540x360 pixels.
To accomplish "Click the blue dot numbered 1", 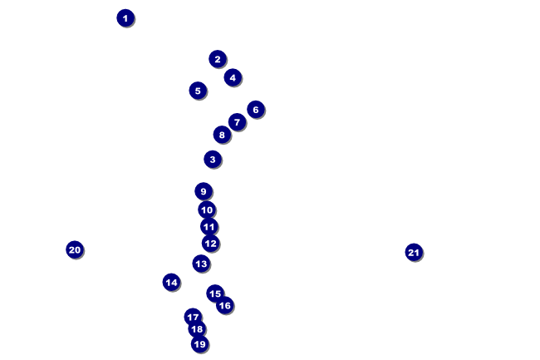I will click(125, 17).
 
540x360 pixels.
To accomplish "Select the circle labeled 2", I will click(218, 58).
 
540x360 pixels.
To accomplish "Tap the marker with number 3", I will click(213, 159).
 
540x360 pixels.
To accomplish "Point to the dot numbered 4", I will click(233, 77).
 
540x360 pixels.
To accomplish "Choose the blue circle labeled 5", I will click(198, 91).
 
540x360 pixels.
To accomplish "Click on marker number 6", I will click(256, 109).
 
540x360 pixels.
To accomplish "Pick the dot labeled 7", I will click(237, 122).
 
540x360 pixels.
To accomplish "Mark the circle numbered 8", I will click(221, 135).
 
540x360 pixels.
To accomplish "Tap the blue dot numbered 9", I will click(204, 191).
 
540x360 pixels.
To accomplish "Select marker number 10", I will click(207, 210).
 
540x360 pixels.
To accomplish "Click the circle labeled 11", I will click(209, 226).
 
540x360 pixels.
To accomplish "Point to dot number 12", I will click(210, 244).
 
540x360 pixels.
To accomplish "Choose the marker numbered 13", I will click(201, 264).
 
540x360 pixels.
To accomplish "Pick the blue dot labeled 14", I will click(171, 282).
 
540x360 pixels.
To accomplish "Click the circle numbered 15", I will click(215, 293).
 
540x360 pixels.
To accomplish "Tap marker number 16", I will click(224, 305).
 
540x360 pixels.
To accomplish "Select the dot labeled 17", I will click(193, 317).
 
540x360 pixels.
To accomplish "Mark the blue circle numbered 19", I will click(199, 344).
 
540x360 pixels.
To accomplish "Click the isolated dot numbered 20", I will click(75, 249).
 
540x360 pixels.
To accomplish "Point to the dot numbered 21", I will click(414, 252).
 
